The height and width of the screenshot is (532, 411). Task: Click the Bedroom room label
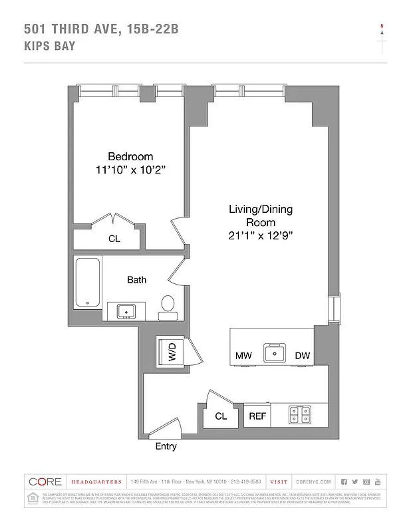(x=130, y=157)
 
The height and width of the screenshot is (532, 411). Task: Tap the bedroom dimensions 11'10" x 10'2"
(x=130, y=170)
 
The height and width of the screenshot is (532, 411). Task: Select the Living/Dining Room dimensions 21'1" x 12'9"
(x=260, y=235)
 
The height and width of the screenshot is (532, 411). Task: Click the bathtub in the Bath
(x=88, y=283)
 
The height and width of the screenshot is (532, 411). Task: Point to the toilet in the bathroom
(x=168, y=305)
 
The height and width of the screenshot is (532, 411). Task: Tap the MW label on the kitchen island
(x=243, y=356)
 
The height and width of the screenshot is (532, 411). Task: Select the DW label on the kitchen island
(x=303, y=356)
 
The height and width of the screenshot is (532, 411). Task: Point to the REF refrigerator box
(x=257, y=416)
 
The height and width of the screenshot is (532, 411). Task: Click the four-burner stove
(x=299, y=415)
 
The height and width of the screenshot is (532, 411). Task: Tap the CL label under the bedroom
(x=114, y=239)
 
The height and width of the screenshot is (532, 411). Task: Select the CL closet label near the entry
(x=221, y=416)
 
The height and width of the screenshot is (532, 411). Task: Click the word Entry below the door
(x=166, y=446)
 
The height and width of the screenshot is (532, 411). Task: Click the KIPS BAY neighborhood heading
(x=50, y=47)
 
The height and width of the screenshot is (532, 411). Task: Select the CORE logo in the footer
(x=45, y=481)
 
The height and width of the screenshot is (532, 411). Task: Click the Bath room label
(x=137, y=280)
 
